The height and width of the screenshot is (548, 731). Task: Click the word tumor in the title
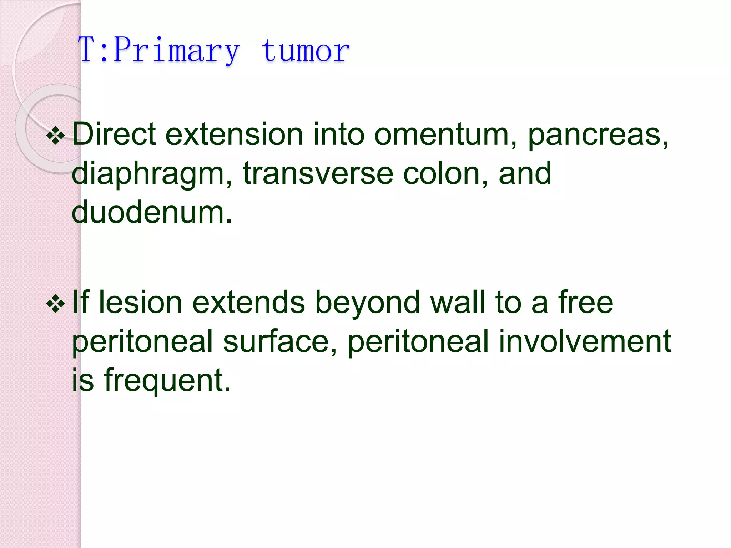tap(305, 51)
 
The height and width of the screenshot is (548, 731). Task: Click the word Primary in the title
tap(177, 51)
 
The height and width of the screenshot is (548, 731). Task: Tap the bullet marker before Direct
tap(56, 136)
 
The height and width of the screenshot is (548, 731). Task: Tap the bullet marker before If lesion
tap(56, 304)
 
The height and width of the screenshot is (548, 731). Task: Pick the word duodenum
tap(152, 212)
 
